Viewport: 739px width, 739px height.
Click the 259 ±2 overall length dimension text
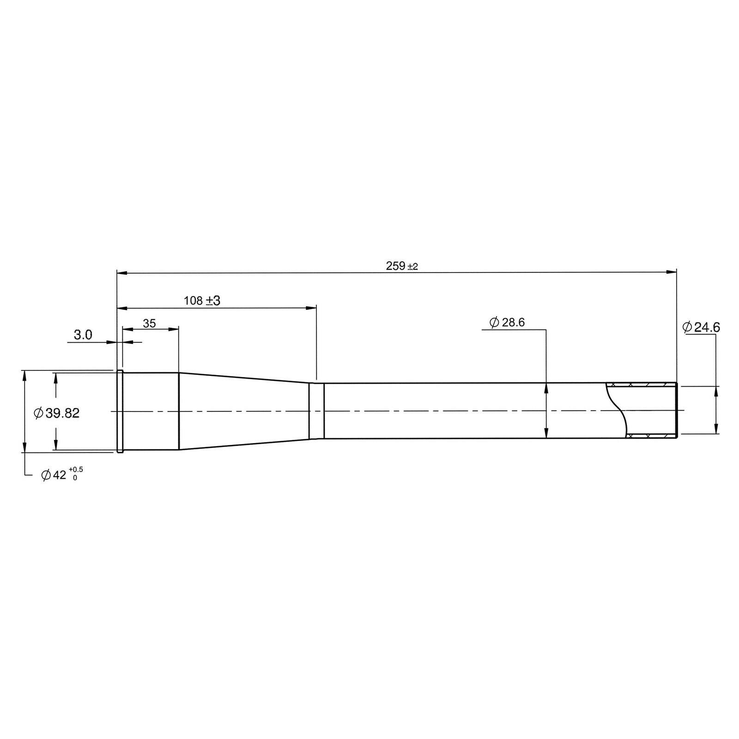coord(401,266)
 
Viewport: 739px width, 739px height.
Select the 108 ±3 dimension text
coord(202,301)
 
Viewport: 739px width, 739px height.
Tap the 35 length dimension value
coord(149,323)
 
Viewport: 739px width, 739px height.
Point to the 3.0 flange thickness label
coord(83,335)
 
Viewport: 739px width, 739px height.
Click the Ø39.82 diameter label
coord(57,413)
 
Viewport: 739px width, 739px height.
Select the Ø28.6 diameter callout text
coord(507,322)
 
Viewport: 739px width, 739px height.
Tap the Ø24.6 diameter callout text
coord(701,327)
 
